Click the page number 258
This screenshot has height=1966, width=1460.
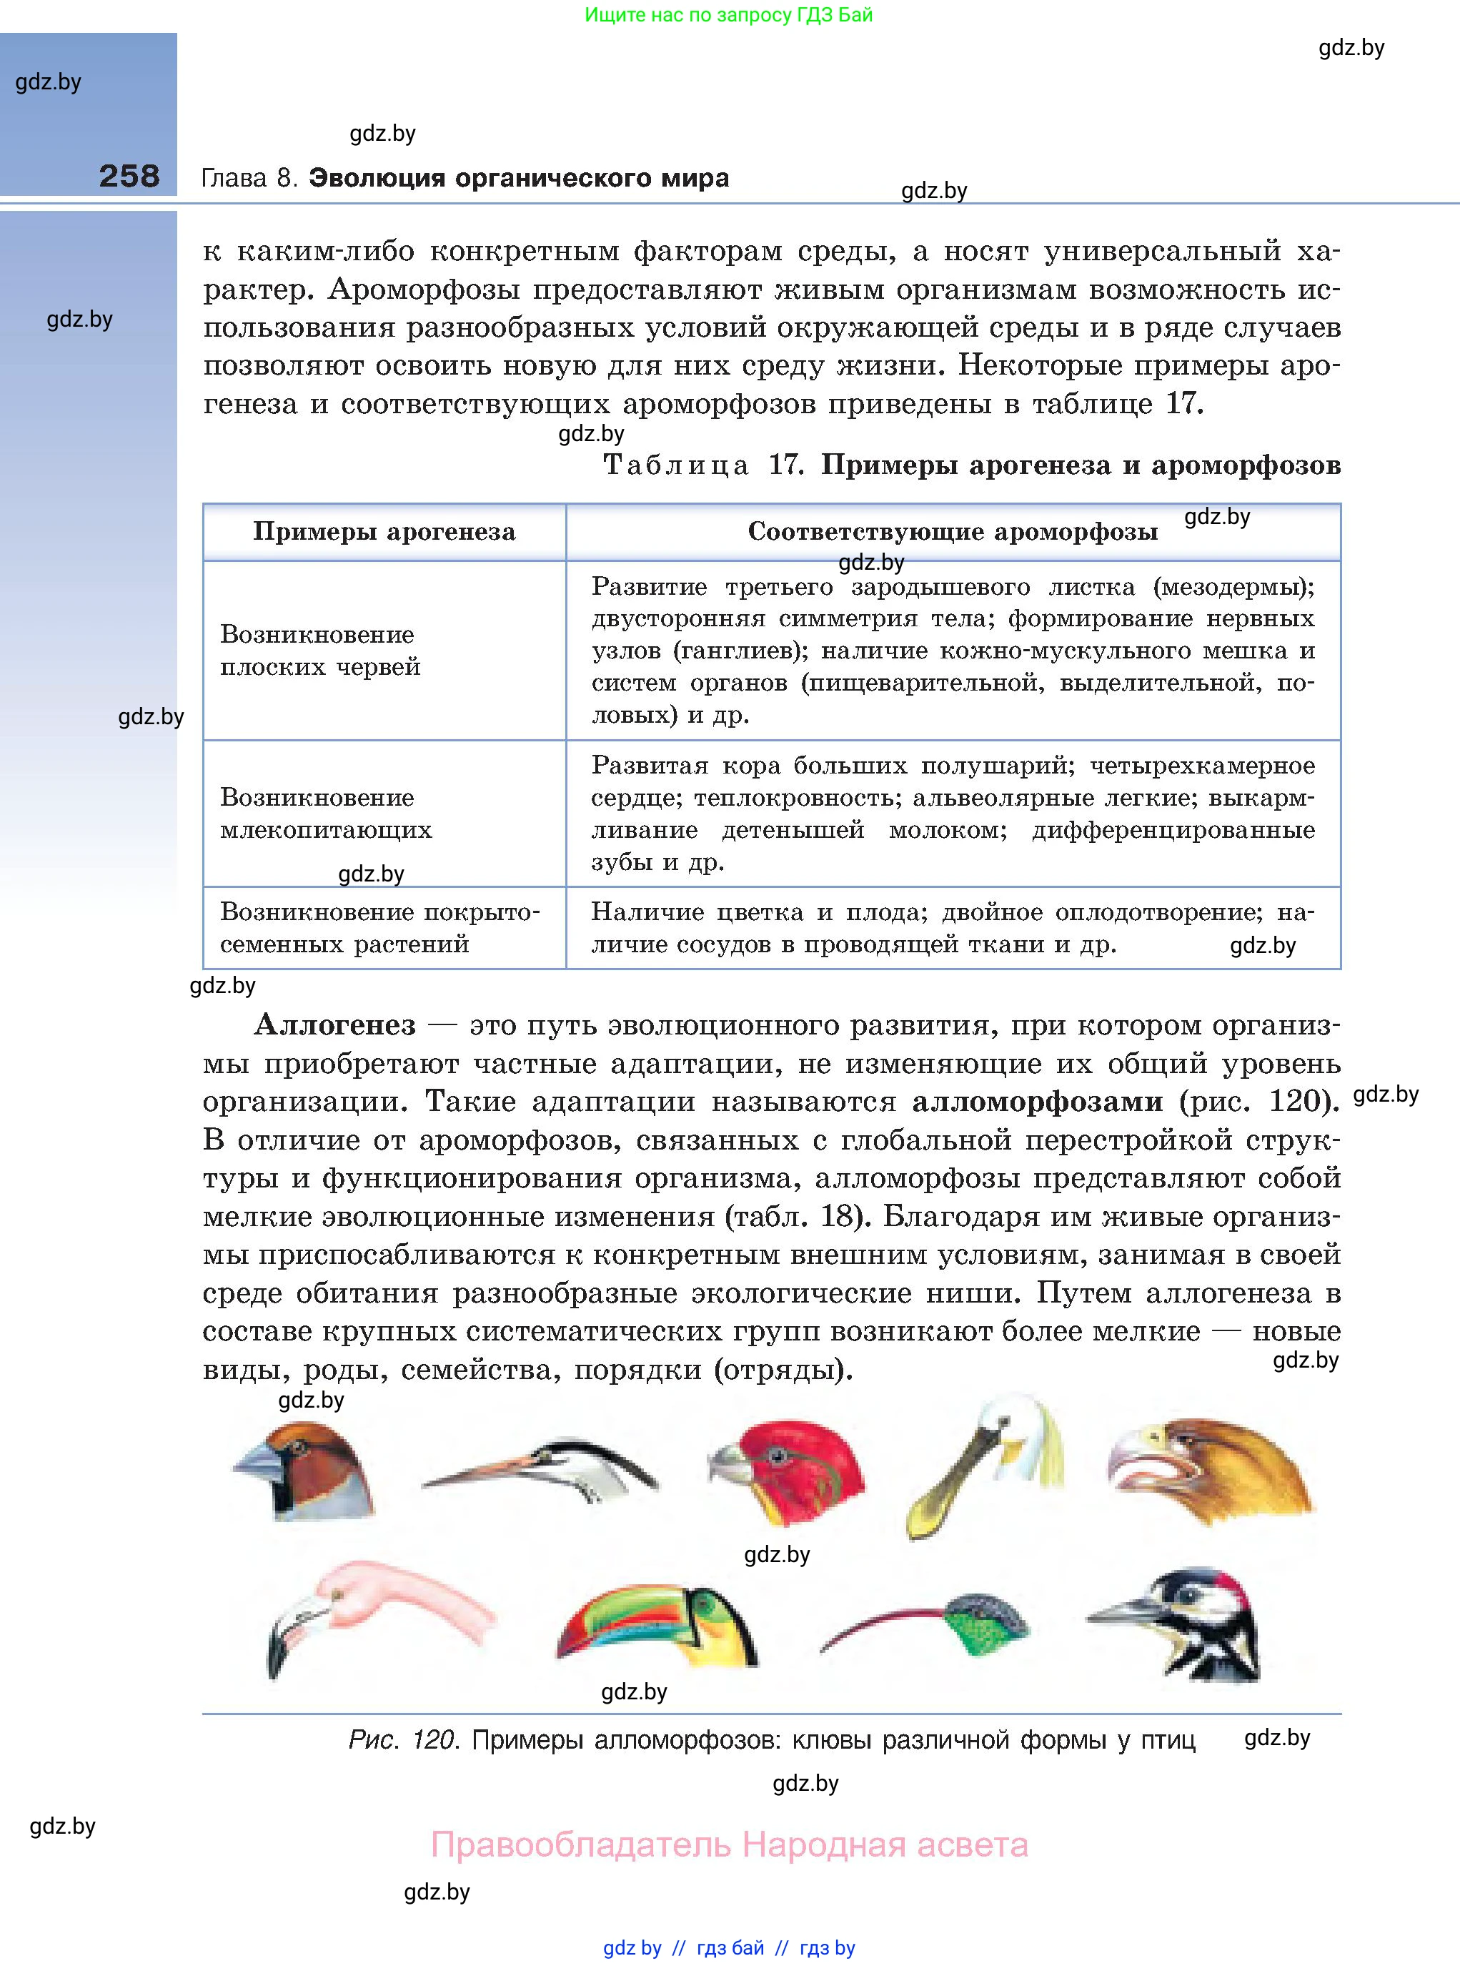(x=129, y=176)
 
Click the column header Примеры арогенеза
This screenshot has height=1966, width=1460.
(x=384, y=531)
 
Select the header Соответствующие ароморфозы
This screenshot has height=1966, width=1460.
(x=952, y=531)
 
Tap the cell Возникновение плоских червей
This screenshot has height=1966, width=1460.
(x=320, y=650)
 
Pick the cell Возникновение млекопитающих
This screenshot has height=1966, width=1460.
(x=325, y=814)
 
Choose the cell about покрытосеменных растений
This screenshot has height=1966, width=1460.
(x=379, y=927)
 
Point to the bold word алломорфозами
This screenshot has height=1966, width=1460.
(x=1037, y=1102)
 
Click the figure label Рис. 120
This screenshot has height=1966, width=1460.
(x=402, y=1739)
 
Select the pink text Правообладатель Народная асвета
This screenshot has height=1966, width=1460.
(x=729, y=1845)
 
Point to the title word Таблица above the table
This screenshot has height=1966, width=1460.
(x=676, y=465)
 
